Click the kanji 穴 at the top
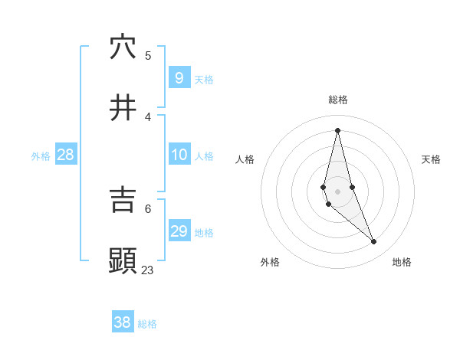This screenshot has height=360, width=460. (x=123, y=47)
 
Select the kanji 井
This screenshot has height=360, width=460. (x=123, y=108)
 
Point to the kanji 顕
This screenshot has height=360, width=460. (x=123, y=260)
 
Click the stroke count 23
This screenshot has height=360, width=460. (x=147, y=270)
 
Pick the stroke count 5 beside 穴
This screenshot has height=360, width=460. (x=148, y=55)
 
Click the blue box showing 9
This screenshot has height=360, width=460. (x=179, y=77)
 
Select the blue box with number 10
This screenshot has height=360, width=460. (x=179, y=155)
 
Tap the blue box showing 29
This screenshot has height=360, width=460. (x=179, y=231)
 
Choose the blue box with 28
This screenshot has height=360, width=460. (x=66, y=155)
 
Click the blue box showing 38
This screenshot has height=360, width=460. (x=122, y=322)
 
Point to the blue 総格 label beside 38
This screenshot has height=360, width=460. (x=147, y=324)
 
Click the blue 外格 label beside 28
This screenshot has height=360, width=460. (x=41, y=156)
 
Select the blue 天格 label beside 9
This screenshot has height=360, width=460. (x=204, y=80)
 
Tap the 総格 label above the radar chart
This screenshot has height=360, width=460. (x=338, y=100)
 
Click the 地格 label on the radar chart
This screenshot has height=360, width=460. (x=402, y=262)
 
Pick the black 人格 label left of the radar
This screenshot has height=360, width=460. (x=245, y=159)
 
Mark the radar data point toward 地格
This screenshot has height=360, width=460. (x=374, y=242)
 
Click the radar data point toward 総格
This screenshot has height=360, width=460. (x=337, y=129)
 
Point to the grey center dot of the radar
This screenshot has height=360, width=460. (x=337, y=191)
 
